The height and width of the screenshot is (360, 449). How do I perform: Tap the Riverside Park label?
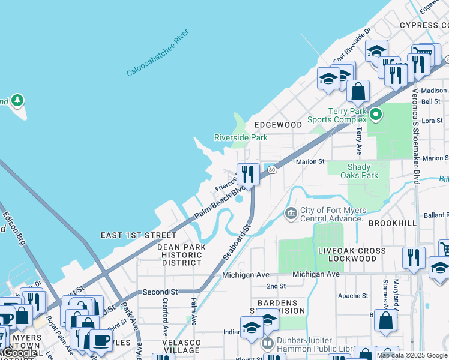pyautogui.click(x=241, y=137)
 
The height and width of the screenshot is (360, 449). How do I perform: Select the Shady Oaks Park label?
pyautogui.click(x=359, y=171)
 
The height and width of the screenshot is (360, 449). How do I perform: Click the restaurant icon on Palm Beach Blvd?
pyautogui.click(x=248, y=174)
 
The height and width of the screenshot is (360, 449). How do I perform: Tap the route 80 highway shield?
pyautogui.click(x=272, y=170)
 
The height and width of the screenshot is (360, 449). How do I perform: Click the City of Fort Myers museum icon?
pyautogui.click(x=291, y=213)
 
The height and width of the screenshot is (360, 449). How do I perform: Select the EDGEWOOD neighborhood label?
pyautogui.click(x=278, y=124)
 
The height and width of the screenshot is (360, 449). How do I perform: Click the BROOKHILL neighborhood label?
pyautogui.click(x=392, y=222)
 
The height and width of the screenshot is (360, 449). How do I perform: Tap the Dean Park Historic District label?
pyautogui.click(x=179, y=254)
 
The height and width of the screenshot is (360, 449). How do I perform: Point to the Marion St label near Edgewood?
pyautogui.click(x=310, y=161)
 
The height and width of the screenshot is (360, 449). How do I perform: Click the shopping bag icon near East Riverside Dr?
pyautogui.click(x=358, y=92)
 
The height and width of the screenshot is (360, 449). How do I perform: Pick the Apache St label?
pyautogui.click(x=353, y=296)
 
